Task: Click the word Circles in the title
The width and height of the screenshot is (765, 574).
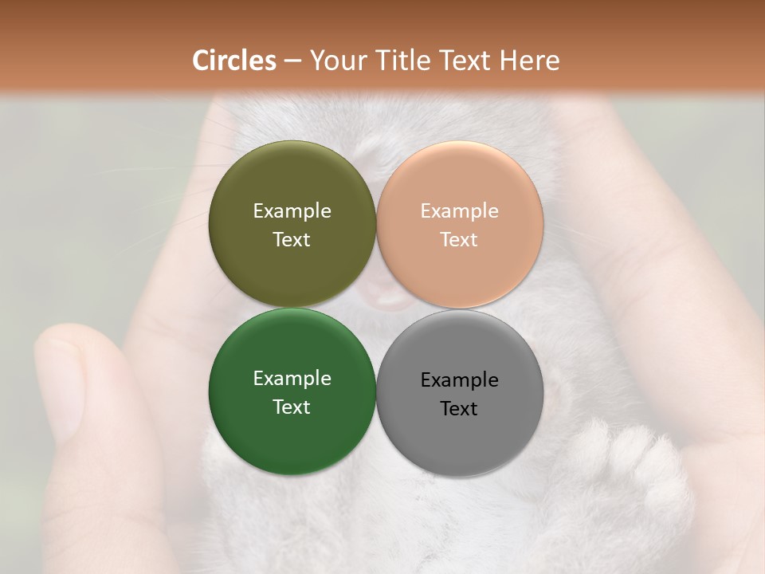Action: click(x=234, y=61)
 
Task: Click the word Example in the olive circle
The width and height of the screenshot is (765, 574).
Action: click(x=292, y=211)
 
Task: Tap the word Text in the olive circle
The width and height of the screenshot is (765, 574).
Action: click(x=292, y=240)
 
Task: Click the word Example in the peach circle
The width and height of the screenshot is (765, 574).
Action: click(x=460, y=211)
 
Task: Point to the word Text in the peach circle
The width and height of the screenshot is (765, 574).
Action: click(x=460, y=240)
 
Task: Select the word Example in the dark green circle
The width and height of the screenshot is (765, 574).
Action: click(x=292, y=379)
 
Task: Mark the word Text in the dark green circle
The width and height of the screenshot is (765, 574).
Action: click(x=292, y=407)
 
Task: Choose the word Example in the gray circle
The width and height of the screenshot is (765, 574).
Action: click(x=460, y=380)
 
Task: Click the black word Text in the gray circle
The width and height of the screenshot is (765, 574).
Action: click(x=460, y=409)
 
